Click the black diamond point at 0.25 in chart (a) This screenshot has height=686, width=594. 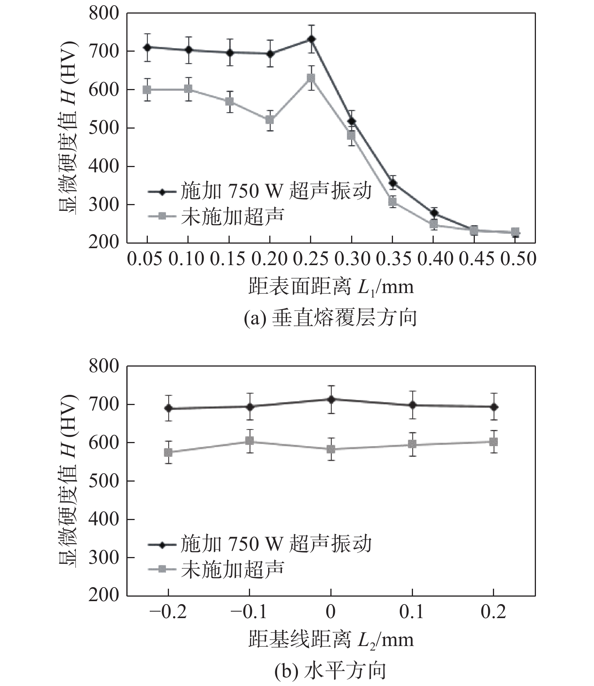point(311,39)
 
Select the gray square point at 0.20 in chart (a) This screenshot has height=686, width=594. point(270,120)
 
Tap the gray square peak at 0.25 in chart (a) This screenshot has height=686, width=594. point(311,78)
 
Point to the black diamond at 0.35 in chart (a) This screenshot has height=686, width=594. point(393,183)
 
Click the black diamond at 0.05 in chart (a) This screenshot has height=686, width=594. point(147,48)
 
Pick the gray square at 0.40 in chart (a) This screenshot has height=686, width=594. point(433,225)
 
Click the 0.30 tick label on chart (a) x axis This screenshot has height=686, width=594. point(351,259)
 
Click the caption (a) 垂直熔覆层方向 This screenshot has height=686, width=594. point(330,318)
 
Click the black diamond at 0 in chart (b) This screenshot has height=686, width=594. point(331,399)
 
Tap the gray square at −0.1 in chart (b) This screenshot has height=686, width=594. point(249,441)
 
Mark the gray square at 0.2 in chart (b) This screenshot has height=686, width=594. point(493,442)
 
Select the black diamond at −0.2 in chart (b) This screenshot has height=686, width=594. point(168,408)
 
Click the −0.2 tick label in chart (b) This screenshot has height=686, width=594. point(168,612)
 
